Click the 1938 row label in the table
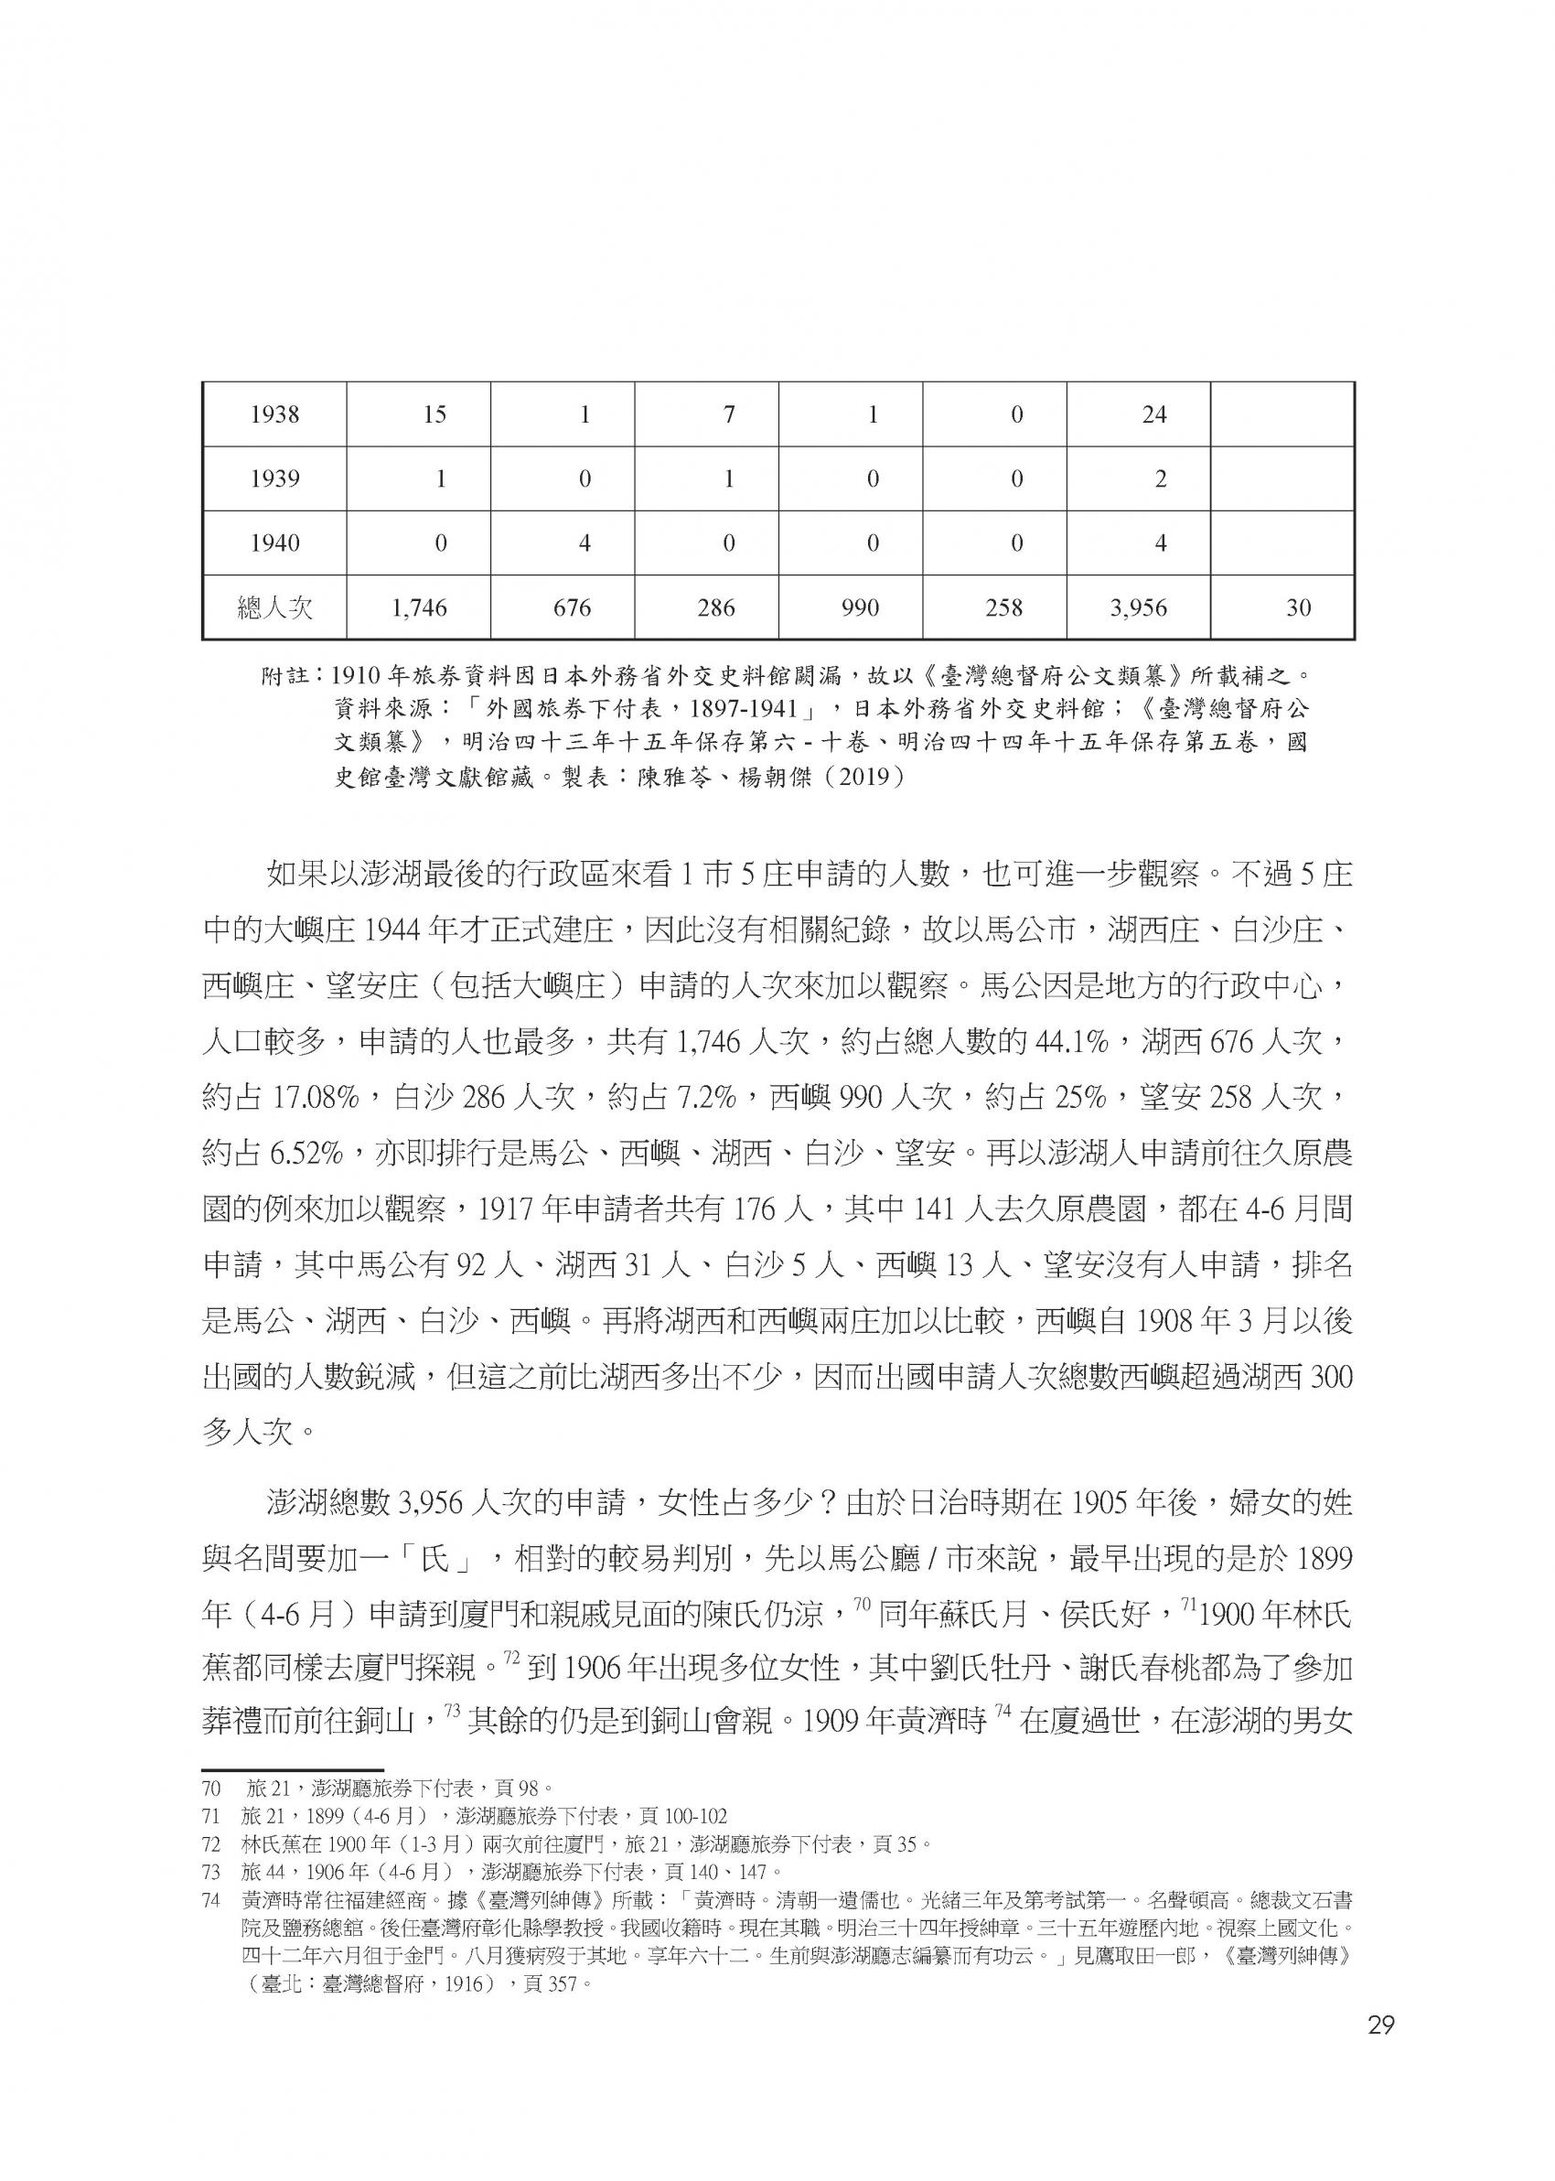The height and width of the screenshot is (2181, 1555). (274, 414)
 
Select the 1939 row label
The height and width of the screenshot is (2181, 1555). (274, 478)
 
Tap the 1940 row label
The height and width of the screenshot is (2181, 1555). (274, 543)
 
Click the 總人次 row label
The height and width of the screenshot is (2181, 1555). (274, 607)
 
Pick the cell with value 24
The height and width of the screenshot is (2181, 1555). (1154, 414)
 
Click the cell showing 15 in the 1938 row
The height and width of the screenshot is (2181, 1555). (434, 414)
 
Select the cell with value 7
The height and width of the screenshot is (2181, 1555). (729, 414)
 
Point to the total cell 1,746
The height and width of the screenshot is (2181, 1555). (419, 607)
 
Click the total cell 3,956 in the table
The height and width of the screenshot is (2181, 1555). (1139, 607)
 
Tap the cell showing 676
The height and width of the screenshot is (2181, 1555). (573, 607)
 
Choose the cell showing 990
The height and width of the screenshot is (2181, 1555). (860, 607)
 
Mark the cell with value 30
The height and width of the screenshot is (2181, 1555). (1298, 607)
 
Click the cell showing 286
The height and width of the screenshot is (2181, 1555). (716, 607)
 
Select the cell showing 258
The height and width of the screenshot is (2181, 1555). (1003, 607)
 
